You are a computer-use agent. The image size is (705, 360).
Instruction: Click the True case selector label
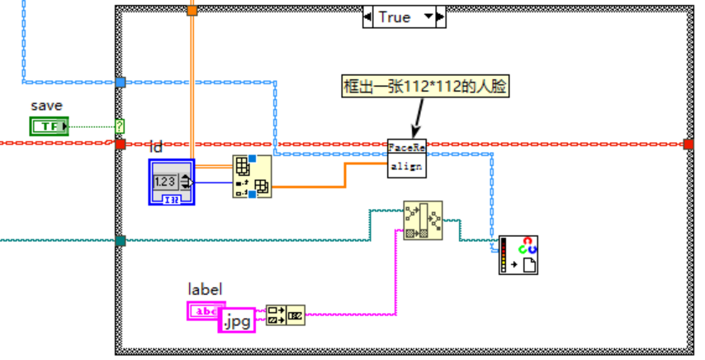pos(394,17)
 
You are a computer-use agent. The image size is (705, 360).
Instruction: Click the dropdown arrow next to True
pos(428,17)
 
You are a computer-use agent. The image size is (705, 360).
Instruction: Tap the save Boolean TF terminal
pos(50,126)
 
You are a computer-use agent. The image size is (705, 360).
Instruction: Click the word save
pos(46,106)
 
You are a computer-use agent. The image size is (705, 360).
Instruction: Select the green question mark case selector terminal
pos(121,126)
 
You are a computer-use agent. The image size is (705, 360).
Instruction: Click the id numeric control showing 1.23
pos(172,182)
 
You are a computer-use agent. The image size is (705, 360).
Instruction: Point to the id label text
pos(156,147)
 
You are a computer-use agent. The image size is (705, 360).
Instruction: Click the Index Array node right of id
pos(252,177)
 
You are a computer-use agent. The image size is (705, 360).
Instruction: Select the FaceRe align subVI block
pos(406,157)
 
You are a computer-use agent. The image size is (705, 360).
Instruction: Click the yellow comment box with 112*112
pos(425,85)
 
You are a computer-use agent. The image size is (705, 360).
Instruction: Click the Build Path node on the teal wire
pos(422,220)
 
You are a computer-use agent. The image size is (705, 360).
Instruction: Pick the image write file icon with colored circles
pos(518,255)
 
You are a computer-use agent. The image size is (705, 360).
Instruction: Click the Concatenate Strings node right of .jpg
pos(286,315)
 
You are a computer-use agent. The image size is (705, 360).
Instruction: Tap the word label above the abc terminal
pos(205,289)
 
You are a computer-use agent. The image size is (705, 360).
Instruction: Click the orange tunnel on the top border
pos(192,11)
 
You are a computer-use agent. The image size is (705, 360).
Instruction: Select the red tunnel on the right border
pos(688,144)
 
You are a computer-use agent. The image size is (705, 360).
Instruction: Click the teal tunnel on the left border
pos(121,240)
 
